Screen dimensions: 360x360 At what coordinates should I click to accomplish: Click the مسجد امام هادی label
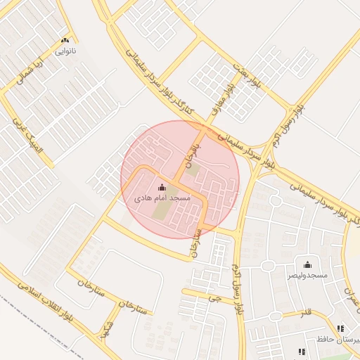tap(163, 199)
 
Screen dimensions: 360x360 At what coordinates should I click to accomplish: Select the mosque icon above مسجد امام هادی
tap(163, 187)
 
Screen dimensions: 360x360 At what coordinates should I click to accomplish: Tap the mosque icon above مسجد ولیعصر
tap(307, 264)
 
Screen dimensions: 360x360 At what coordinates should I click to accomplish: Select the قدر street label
tap(304, 311)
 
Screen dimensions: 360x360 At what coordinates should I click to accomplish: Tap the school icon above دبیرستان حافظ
tap(341, 328)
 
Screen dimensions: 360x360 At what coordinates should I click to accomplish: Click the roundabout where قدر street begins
tap(268, 266)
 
